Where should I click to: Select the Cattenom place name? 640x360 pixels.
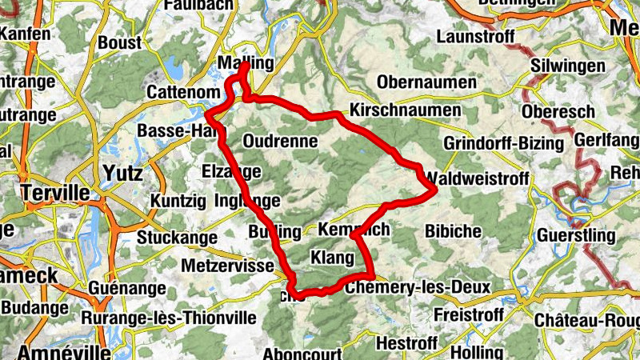[x=178, y=93]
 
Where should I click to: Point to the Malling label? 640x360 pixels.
[x=246, y=63]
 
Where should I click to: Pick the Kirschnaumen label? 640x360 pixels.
[x=406, y=110]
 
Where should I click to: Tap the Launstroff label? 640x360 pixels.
[x=475, y=37]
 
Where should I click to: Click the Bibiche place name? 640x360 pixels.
[x=454, y=231]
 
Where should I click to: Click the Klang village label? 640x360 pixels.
[x=331, y=258]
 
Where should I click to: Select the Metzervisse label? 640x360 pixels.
[x=228, y=264]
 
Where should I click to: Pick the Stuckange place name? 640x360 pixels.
[x=177, y=237]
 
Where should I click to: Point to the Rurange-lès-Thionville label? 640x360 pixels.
[x=169, y=318]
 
